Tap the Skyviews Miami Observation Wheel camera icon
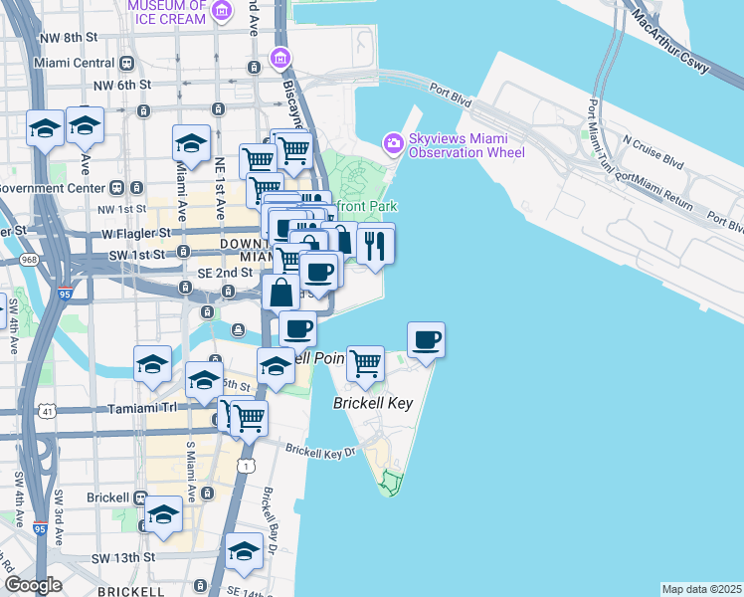point(394,145)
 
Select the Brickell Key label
point(372,404)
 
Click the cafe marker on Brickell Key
point(426,340)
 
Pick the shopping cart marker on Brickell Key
point(365,364)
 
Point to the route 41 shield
point(48,410)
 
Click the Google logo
point(33,585)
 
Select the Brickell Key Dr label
point(320,452)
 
